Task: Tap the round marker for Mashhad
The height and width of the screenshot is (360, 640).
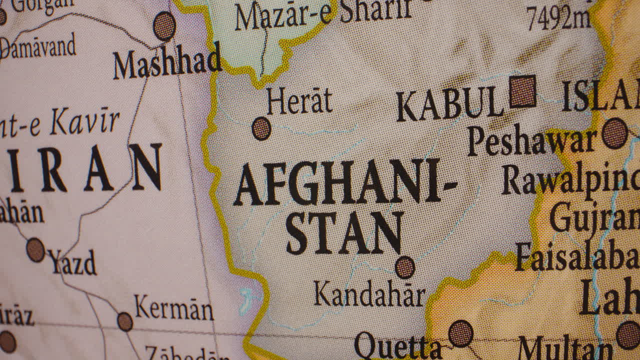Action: [x=164, y=26]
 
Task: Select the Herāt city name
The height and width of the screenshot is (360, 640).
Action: [x=299, y=101]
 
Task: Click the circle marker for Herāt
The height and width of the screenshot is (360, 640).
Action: [x=261, y=128]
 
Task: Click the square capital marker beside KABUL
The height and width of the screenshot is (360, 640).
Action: [x=522, y=91]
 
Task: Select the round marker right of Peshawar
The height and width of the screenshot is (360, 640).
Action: [x=614, y=133]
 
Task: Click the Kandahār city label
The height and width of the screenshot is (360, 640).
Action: [x=369, y=294]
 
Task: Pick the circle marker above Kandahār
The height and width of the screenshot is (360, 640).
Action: [x=404, y=267]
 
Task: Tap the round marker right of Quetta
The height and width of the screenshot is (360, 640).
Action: [x=460, y=333]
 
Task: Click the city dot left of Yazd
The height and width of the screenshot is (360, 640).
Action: [x=35, y=249]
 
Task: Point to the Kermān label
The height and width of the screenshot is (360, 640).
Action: [x=173, y=308]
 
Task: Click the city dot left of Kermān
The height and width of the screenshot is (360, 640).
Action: [x=124, y=321]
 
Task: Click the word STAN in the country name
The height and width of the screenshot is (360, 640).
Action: [x=344, y=233]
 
